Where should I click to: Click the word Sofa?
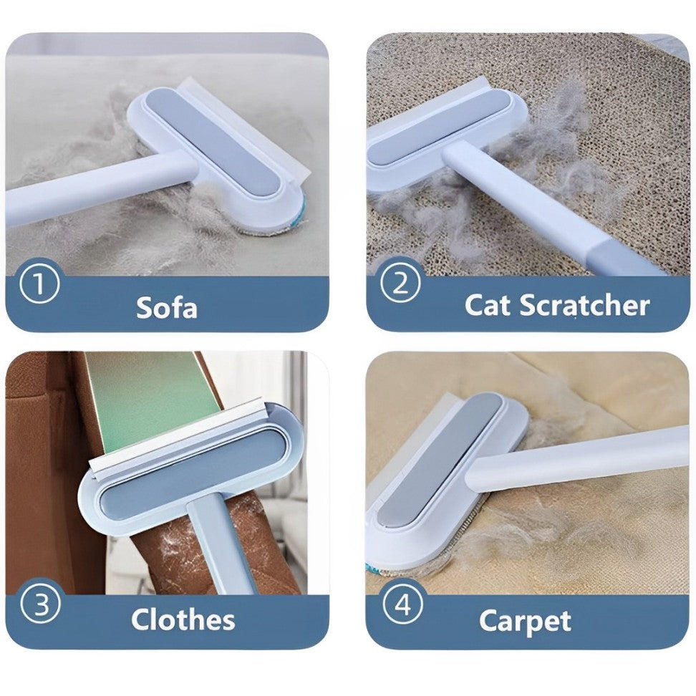[166, 307]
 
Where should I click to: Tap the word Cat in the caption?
[488, 306]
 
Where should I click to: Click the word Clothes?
[183, 619]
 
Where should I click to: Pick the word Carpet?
[524, 621]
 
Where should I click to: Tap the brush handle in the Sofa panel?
[93, 190]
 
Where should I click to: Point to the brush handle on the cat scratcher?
[544, 208]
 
